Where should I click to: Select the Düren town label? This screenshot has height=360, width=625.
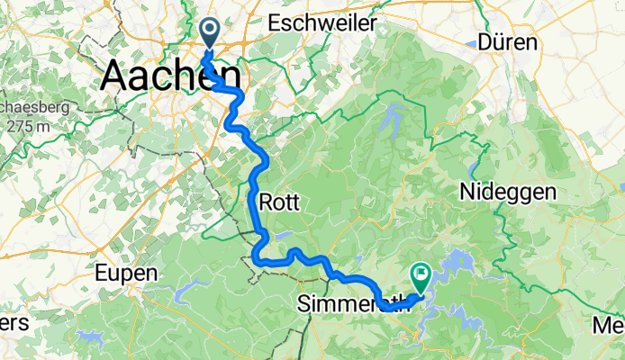(x=507, y=42)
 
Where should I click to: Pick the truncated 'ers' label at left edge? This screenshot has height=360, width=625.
(x=14, y=321)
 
